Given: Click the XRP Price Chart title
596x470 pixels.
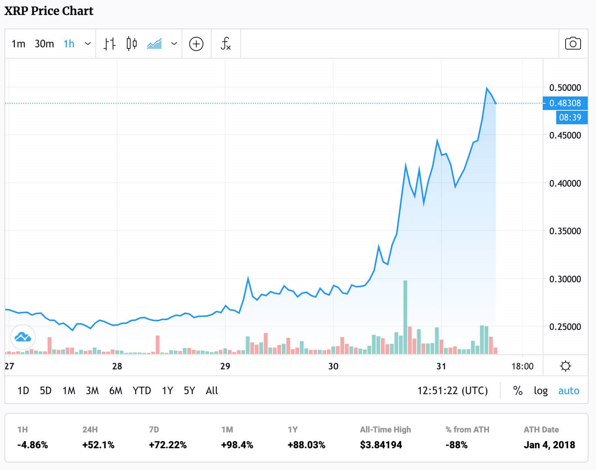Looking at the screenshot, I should (49, 11).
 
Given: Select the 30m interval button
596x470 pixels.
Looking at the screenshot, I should (44, 44).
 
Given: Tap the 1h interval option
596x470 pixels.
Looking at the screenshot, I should (69, 44).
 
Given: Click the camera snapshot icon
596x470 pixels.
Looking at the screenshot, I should (573, 44).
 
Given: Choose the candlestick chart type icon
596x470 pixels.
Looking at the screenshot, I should (132, 44).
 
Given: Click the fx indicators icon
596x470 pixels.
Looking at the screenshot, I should (226, 44).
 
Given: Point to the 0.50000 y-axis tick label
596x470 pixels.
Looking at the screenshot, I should (565, 88).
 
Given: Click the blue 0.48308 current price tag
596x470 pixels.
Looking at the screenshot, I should (565, 103).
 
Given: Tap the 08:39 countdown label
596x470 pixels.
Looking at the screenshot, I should (570, 117).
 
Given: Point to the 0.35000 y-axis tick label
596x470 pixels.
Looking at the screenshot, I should (565, 231).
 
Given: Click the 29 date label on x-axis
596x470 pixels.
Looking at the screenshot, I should (225, 366).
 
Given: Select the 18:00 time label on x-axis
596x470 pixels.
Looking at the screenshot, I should (522, 366).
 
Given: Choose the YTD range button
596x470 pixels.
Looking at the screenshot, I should (141, 391).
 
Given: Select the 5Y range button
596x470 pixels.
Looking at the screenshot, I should (189, 391).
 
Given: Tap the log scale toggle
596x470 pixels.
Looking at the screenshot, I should (540, 391).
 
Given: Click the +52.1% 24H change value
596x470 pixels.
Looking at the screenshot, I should (98, 445).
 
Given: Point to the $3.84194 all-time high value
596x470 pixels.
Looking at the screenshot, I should (381, 445).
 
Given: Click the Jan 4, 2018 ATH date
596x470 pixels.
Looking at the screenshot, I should (549, 445).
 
